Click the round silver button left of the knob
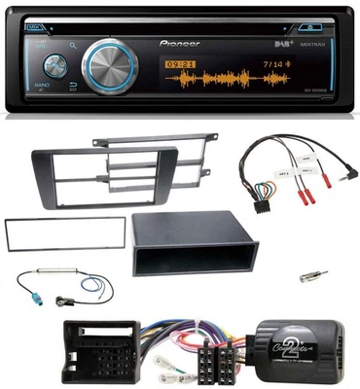52,65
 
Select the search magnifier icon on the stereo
74,44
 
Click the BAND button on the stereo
43,90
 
